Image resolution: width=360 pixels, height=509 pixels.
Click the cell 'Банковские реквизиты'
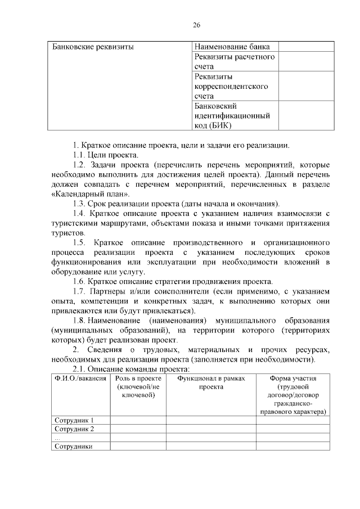coord(93,47)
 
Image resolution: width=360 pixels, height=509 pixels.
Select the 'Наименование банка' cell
coord(232,47)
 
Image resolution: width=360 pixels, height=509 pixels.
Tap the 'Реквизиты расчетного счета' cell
coord(234,61)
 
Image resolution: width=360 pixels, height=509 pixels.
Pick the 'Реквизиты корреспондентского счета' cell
coord(231,86)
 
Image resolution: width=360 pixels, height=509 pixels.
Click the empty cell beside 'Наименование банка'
coord(304,47)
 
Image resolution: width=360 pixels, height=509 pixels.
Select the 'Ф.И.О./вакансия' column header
coord(80,379)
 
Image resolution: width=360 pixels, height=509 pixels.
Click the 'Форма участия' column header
coord(292,379)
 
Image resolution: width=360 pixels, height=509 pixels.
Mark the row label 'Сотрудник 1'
coord(74,420)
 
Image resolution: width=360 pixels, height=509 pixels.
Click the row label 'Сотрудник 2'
coord(74,429)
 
